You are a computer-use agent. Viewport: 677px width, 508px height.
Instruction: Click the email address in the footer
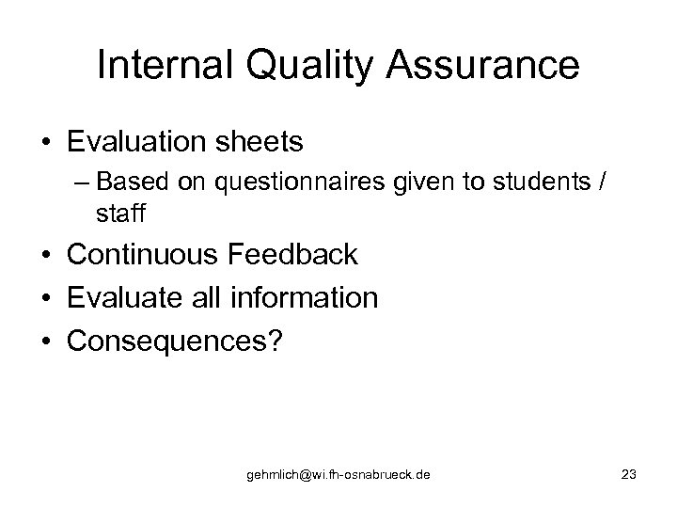(x=338, y=476)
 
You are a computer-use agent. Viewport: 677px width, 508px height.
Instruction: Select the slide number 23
(x=629, y=475)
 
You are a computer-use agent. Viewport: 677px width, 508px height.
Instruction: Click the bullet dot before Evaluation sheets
(x=46, y=143)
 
